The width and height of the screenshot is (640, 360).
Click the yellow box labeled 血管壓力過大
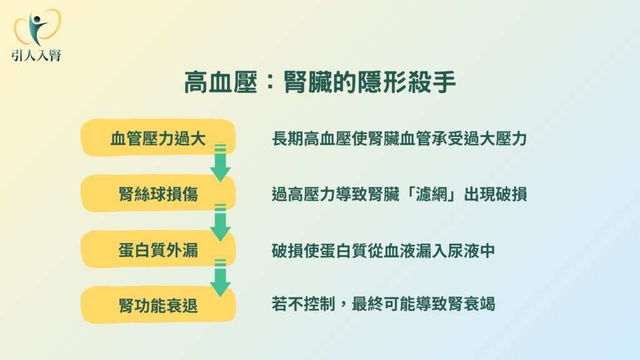pos(158,137)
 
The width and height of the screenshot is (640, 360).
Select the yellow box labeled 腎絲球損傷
pos(158,193)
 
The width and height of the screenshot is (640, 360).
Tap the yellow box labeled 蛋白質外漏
pos(158,249)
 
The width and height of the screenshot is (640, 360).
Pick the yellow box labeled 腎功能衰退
pos(158,304)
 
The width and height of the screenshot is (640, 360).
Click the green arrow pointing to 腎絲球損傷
pos(221,163)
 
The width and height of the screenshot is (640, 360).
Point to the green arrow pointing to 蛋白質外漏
pos(221,222)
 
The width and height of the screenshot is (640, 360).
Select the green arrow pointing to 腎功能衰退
pos(221,278)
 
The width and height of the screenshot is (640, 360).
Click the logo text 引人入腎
pos(37,55)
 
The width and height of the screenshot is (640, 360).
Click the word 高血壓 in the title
pos(221,82)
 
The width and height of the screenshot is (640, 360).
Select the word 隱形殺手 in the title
pos(406,82)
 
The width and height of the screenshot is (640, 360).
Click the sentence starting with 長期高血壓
pos(399,139)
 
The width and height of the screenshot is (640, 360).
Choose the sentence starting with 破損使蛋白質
pos(383,251)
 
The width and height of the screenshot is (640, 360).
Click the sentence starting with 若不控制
pos(383,304)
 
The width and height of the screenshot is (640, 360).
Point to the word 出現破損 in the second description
pos(496,194)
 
